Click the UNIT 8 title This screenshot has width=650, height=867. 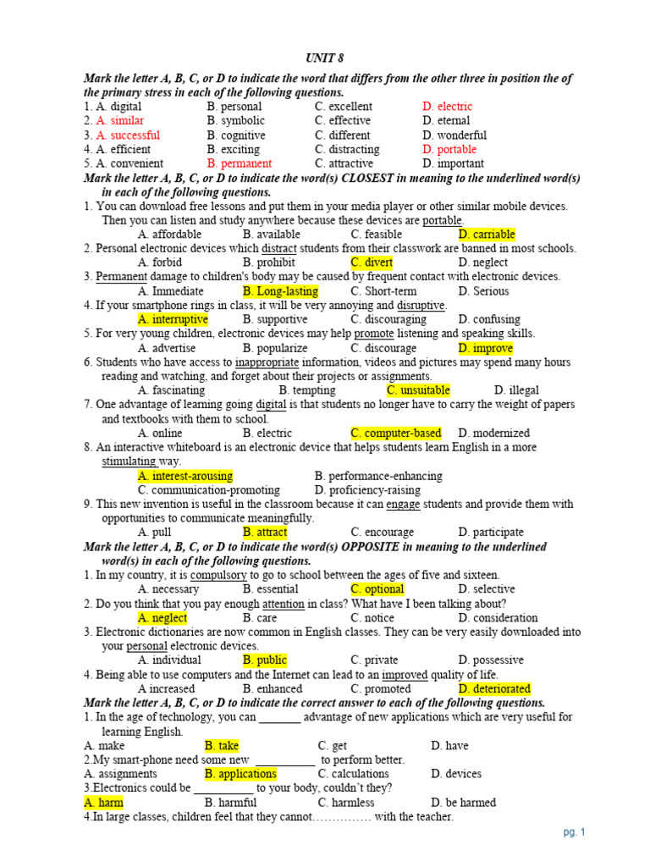tap(324, 58)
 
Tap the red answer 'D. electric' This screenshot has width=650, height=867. tap(447, 107)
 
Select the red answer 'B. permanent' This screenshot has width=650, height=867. tap(239, 163)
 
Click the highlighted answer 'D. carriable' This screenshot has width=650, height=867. tap(486, 235)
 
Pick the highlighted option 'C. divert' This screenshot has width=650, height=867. tap(372, 262)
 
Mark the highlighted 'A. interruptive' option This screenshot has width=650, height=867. tap(172, 319)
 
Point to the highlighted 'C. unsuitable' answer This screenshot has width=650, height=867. tap(418, 390)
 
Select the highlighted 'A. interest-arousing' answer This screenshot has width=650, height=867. tap(185, 476)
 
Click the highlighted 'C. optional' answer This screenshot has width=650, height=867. tap(377, 589)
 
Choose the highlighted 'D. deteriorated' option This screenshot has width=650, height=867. tap(494, 688)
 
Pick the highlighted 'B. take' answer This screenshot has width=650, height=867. tap(221, 746)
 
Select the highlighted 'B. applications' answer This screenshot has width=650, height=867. tap(240, 774)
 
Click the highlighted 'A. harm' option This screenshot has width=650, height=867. tap(103, 803)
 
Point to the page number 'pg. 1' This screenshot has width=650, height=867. tap(574, 832)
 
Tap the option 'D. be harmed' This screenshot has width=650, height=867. tap(463, 803)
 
